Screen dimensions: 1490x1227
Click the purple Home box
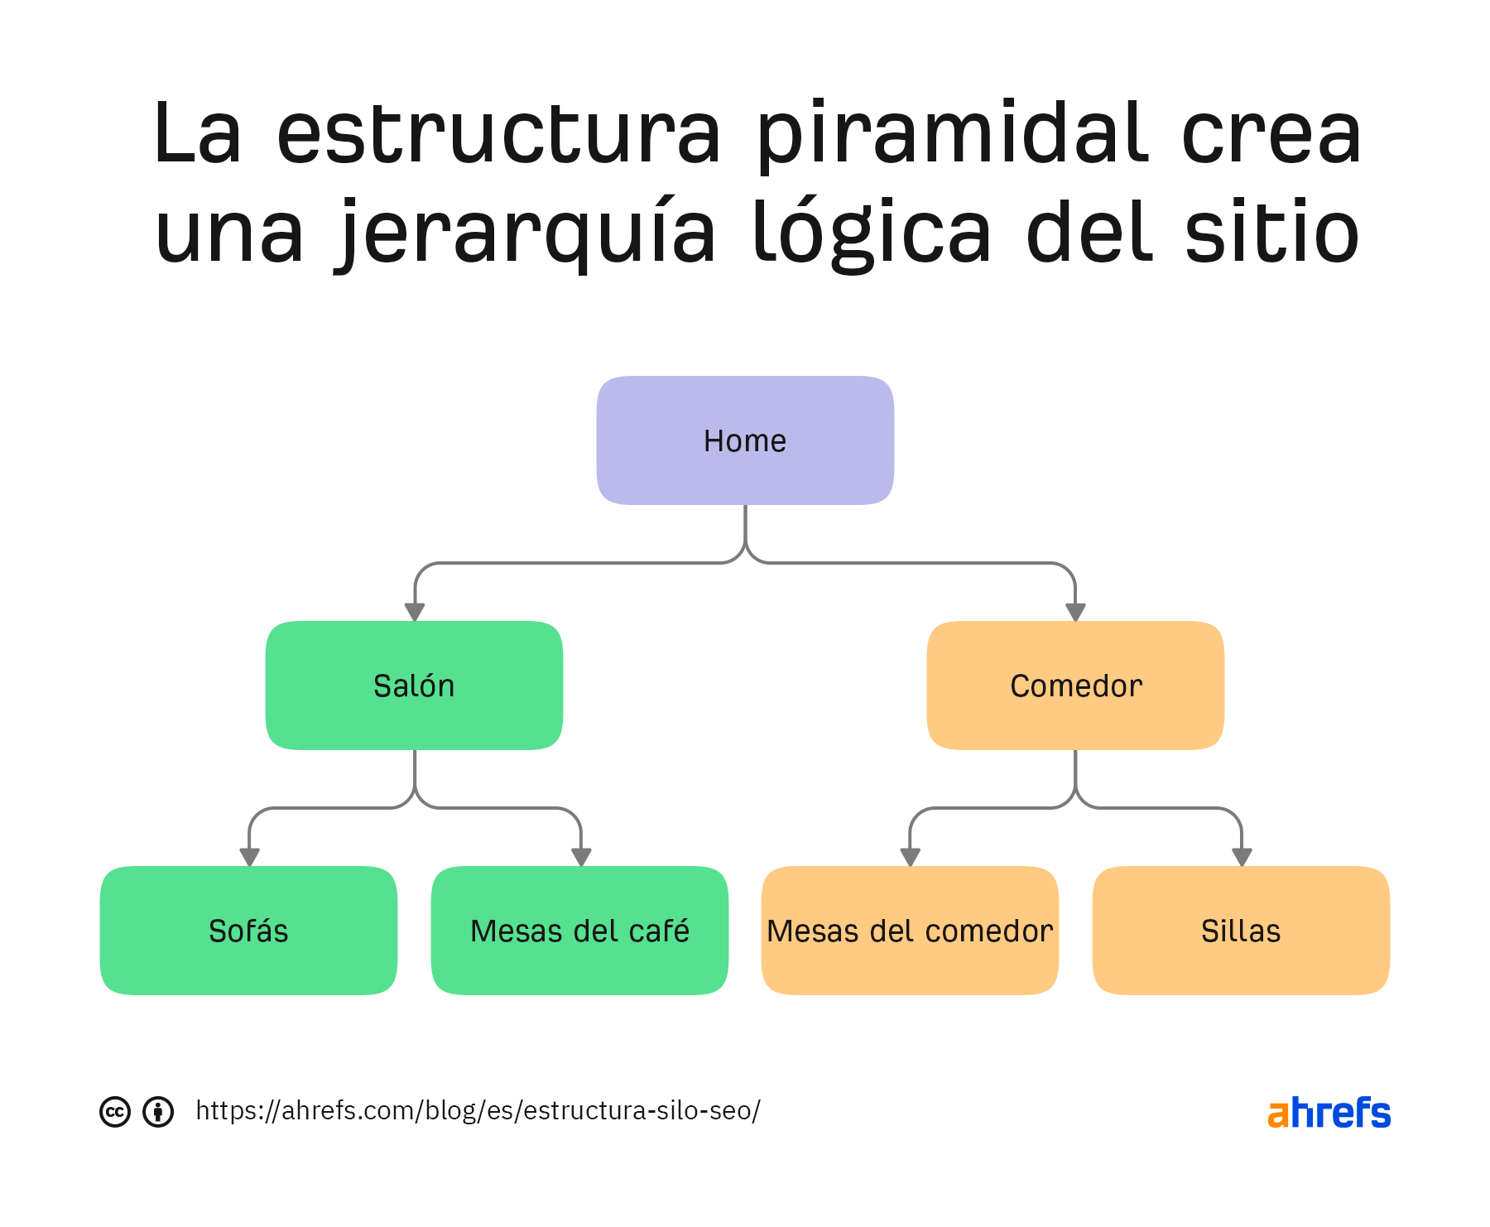745,440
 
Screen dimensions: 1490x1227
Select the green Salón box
414,686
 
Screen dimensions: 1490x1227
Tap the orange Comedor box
1075,686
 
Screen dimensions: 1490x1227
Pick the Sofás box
248,931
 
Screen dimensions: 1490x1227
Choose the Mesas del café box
579,931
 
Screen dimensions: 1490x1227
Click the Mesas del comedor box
910,931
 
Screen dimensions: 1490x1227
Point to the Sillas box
1241,931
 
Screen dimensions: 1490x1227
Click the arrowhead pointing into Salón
415,612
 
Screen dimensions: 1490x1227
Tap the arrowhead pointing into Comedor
1075,612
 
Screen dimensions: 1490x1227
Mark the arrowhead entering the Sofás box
249,857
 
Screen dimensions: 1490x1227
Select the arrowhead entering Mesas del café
581,857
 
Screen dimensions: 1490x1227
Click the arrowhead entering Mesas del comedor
911,857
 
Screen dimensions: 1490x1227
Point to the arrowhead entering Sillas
1242,857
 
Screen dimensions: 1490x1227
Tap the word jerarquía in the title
526,234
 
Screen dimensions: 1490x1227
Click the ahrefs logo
1329,1112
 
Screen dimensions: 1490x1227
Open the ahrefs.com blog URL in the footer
478,1110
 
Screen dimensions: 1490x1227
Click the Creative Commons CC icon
115,1111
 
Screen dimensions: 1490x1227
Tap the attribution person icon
158,1111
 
